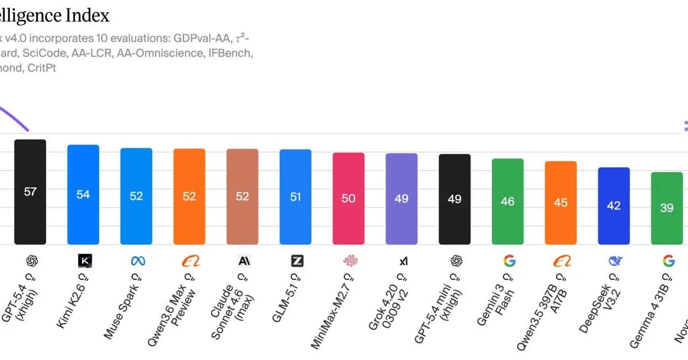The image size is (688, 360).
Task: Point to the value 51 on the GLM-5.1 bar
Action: [x=295, y=197]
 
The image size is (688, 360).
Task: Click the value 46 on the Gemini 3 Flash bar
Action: [x=507, y=201]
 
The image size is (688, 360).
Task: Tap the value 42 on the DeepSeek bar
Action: [x=613, y=205]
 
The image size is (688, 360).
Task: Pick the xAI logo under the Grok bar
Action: [x=404, y=261]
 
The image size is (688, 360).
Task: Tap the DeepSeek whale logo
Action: [x=615, y=261]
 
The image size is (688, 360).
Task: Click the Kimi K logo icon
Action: [x=84, y=261]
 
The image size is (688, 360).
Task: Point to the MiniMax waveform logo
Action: [x=350, y=261]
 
